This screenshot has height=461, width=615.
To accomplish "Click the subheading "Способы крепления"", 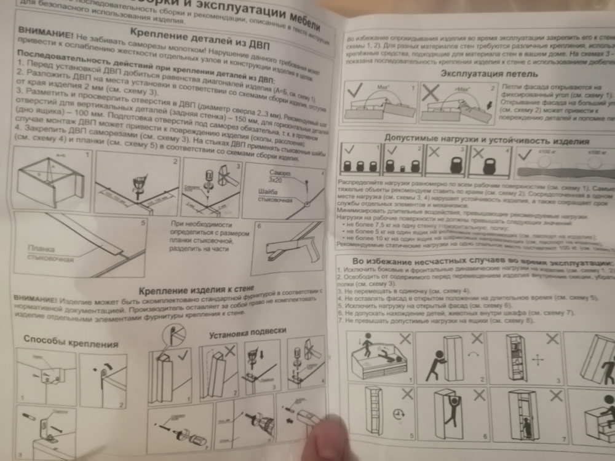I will click(x=63, y=340).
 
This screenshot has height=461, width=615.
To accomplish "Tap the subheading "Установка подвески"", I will click(x=247, y=333).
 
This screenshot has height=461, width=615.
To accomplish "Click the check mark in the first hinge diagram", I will click(x=355, y=95).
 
